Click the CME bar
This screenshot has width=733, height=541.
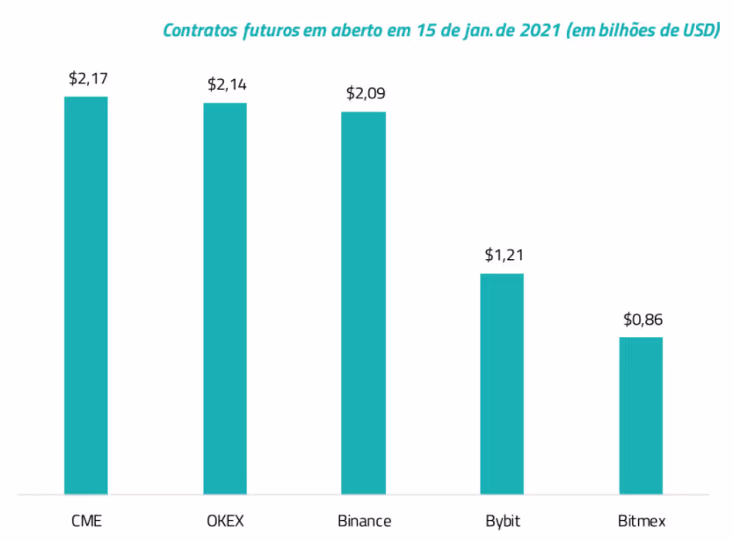pyautogui.click(x=86, y=295)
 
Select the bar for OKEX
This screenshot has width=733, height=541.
pyautogui.click(x=225, y=299)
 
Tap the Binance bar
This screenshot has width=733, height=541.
pyautogui.click(x=364, y=303)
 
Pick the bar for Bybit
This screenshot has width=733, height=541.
pyautogui.click(x=502, y=384)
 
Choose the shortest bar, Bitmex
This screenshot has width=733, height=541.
pyautogui.click(x=641, y=415)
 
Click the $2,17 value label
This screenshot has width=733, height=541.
pyautogui.click(x=88, y=78)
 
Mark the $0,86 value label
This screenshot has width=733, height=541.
pyautogui.click(x=642, y=319)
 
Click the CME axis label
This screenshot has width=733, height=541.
pyautogui.click(x=86, y=521)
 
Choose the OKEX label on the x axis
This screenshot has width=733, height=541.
pyautogui.click(x=225, y=521)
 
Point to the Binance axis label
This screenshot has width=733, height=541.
pyautogui.click(x=364, y=521)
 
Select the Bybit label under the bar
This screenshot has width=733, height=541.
pyautogui.click(x=502, y=521)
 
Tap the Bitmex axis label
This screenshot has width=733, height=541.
pyautogui.click(x=641, y=521)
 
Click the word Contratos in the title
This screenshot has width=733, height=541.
pyautogui.click(x=200, y=30)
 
